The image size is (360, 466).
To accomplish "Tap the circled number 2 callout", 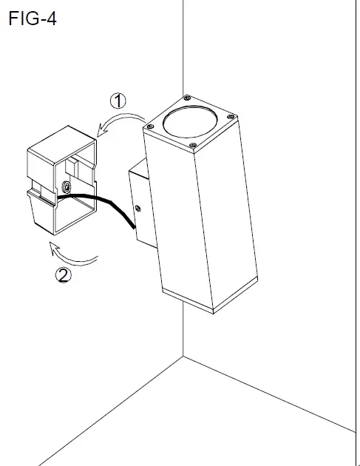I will pos(64,277).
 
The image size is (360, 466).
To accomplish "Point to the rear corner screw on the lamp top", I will pos(186,97).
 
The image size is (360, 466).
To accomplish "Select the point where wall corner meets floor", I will pos(183,357).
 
